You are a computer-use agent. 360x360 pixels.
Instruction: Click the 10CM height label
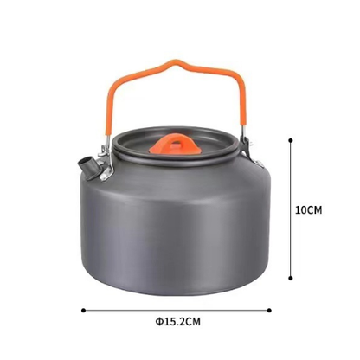pos(308,210)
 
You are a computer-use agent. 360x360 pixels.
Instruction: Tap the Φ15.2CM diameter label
pos(177,321)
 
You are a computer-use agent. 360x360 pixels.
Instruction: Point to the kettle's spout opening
pos(86,160)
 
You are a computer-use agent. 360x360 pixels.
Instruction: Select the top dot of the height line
pos(291,140)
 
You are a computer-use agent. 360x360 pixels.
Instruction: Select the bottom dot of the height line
pos(291,278)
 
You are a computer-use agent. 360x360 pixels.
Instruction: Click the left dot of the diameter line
pos(83,311)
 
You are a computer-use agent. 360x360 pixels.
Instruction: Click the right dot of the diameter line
pos(269,311)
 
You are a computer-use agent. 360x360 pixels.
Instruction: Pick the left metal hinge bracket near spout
pos(105,162)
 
